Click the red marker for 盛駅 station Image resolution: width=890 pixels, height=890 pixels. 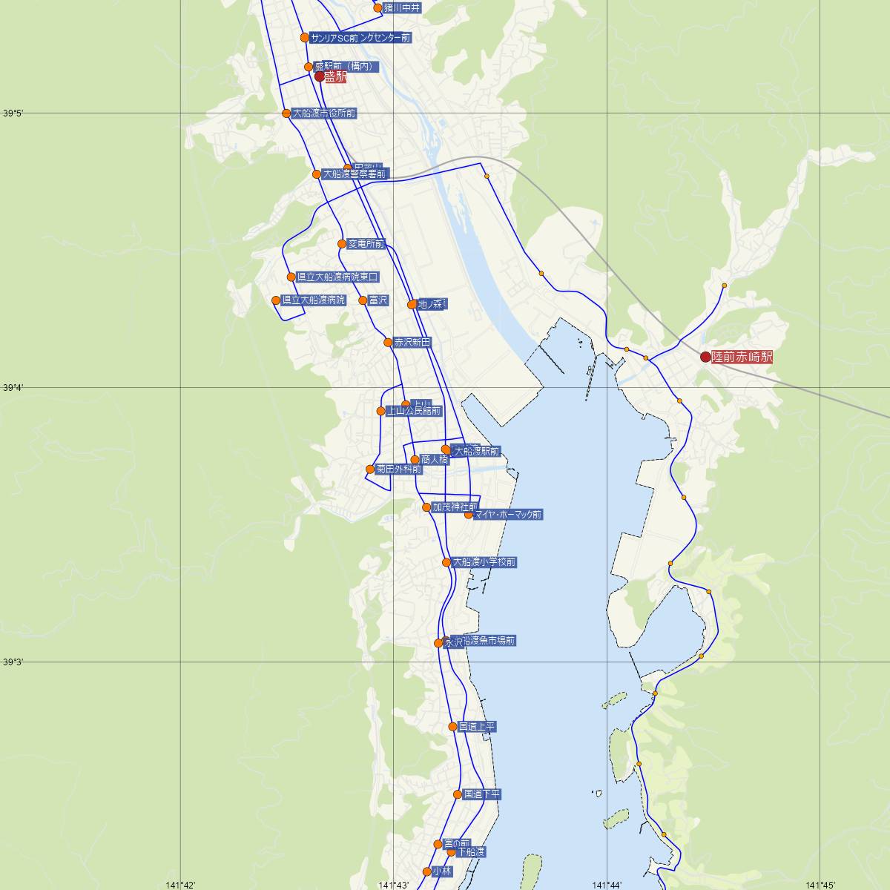pos(320,76)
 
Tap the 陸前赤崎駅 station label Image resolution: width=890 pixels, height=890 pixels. pos(742,357)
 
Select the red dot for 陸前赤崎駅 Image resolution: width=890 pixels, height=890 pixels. pos(705,357)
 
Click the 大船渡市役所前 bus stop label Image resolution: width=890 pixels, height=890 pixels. pos(325,113)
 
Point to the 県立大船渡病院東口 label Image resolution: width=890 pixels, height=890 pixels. pos(337,277)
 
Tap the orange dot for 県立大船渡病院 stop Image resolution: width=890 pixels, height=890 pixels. pos(276,300)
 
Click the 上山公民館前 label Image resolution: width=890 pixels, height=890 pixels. pos(414,411)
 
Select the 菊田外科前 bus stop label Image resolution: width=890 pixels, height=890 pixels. pos(399,469)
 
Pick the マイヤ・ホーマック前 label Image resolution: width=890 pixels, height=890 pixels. pos(508,514)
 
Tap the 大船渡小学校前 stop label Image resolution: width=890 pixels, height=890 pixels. pos(484,562)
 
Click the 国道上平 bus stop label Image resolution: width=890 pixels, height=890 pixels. pos(477,727)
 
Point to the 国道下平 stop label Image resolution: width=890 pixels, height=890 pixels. pos(482,794)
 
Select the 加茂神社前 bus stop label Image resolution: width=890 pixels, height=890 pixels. pos(455,508)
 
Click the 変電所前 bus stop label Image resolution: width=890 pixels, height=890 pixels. pos(366,244)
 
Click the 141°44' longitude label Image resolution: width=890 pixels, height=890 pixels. pos(607,885)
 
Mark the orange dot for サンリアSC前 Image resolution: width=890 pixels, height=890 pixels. pos(304,37)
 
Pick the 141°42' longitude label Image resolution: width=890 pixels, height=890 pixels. pos(180,885)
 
